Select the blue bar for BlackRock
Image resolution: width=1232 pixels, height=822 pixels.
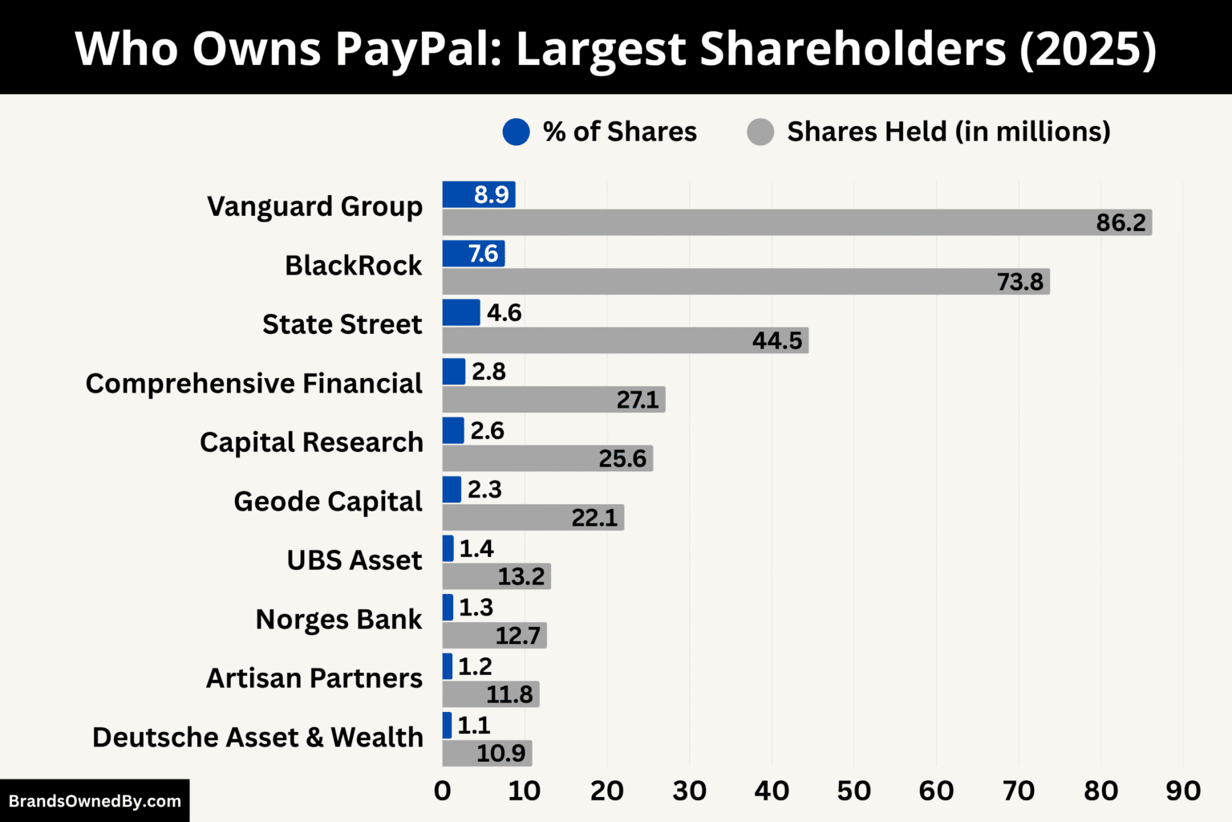click(x=473, y=254)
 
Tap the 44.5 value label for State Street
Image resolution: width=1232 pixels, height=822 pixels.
click(x=776, y=340)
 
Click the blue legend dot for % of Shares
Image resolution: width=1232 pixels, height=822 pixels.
click(x=516, y=132)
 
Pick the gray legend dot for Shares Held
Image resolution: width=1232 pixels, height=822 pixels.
click(x=760, y=132)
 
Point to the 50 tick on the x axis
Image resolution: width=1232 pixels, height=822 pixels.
click(x=853, y=791)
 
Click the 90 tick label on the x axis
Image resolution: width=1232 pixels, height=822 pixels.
click(x=1182, y=791)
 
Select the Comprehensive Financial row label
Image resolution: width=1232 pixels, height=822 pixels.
click(x=253, y=384)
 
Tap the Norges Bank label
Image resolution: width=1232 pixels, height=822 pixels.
click(x=338, y=619)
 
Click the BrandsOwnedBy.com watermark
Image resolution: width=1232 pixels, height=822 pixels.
click(x=95, y=801)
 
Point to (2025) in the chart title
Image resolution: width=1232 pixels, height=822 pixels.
click(x=1088, y=48)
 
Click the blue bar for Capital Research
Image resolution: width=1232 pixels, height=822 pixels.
click(x=453, y=430)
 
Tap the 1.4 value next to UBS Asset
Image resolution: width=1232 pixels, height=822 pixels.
click(x=476, y=549)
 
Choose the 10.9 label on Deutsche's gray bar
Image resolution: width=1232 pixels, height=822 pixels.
click(x=500, y=753)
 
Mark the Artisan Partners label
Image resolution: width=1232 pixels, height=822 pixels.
click(x=314, y=678)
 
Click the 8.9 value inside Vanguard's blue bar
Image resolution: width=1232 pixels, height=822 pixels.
click(x=491, y=195)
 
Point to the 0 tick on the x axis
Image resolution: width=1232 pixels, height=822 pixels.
click(x=442, y=791)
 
